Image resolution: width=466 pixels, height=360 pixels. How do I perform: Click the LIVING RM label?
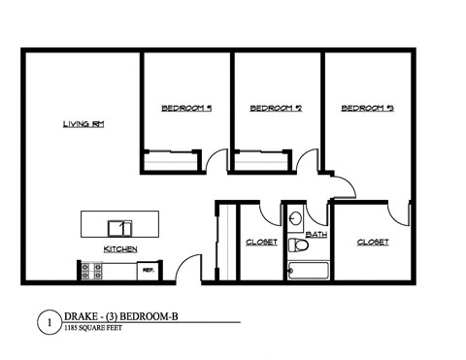[x=83, y=124]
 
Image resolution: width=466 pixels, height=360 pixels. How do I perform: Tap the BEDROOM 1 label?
[x=186, y=109]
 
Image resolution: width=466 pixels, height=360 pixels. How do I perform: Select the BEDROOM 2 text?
[x=277, y=109]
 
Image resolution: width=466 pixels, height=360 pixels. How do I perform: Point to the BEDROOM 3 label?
[x=367, y=109]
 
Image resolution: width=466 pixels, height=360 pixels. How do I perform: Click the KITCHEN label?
[x=120, y=249]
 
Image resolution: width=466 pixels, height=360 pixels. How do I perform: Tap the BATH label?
[x=316, y=235]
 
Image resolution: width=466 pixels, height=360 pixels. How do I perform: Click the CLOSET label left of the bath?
[x=262, y=242]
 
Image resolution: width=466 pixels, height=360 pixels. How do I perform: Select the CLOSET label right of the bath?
[x=373, y=242]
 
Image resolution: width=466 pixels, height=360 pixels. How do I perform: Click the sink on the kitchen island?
[x=121, y=228]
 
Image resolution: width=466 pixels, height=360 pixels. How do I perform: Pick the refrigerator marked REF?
[x=149, y=273]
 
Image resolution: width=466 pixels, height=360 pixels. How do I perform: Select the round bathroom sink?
[x=295, y=217]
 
